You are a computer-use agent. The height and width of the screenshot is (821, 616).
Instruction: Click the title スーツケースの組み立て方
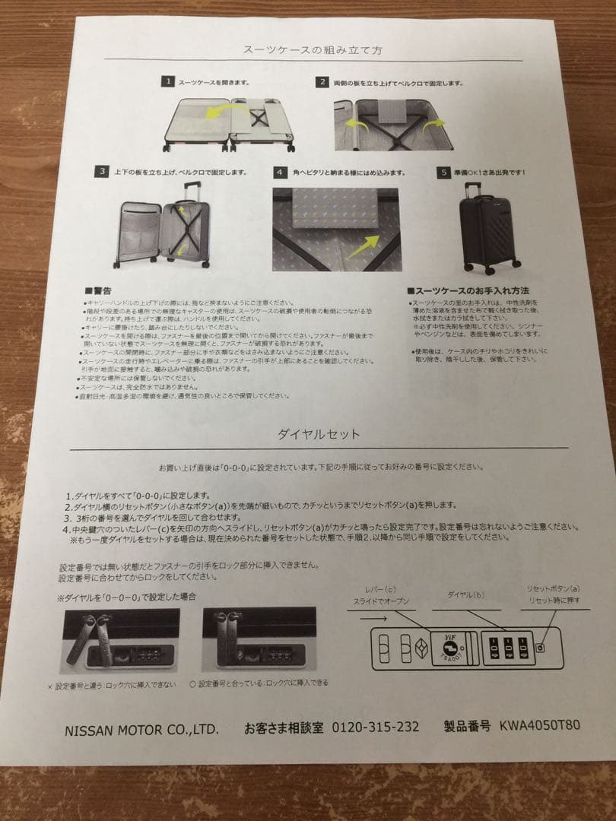(313, 49)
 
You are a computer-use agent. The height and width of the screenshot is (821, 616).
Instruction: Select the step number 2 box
(322, 82)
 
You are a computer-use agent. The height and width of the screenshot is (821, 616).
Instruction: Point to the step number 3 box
(101, 172)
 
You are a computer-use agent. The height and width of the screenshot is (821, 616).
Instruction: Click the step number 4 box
(281, 173)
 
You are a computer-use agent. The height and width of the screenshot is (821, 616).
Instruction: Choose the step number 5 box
(443, 173)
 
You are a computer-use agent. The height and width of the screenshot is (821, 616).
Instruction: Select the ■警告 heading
(99, 290)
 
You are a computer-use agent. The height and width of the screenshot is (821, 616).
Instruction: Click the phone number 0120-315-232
(375, 727)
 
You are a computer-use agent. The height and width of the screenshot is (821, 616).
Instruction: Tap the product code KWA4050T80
(539, 724)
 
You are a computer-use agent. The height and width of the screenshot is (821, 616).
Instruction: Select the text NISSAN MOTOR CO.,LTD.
(141, 730)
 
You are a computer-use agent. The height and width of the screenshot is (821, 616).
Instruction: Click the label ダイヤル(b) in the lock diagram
(465, 594)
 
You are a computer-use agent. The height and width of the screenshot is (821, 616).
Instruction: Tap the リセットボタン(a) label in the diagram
(553, 588)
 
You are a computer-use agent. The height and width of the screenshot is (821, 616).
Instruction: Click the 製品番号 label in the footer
(467, 726)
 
